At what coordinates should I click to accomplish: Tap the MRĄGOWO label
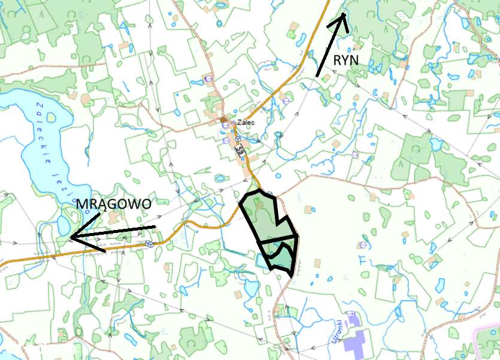click(114, 204)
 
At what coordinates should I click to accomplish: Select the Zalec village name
click(246, 122)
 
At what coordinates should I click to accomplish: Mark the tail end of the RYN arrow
click(317, 76)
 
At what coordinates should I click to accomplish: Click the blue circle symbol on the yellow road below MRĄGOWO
click(149, 244)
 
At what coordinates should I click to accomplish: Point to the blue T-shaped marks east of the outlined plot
click(364, 259)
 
